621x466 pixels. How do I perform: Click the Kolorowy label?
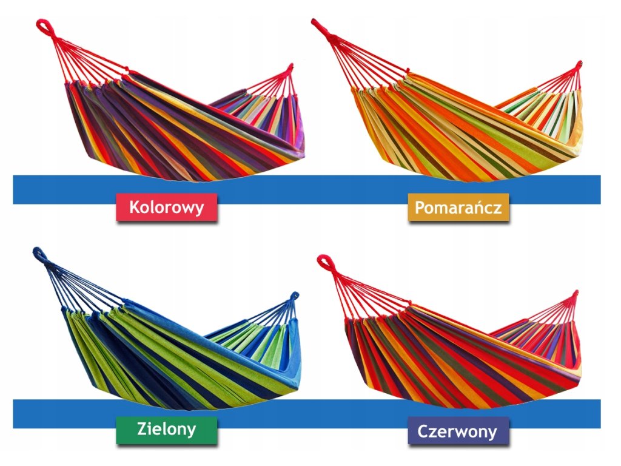click(167, 208)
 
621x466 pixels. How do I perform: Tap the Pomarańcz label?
click(458, 208)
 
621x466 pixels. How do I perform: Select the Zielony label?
click(166, 430)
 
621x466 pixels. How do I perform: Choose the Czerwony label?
click(457, 431)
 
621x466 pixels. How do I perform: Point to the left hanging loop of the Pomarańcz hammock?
click(318, 24)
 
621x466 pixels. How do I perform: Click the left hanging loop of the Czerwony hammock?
click(325, 262)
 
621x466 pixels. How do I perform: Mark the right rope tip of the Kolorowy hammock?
click(291, 66)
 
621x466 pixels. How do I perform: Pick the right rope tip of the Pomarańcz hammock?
click(579, 63)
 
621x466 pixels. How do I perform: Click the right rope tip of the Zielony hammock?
click(295, 296)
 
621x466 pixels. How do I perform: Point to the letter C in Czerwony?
click(423, 431)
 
